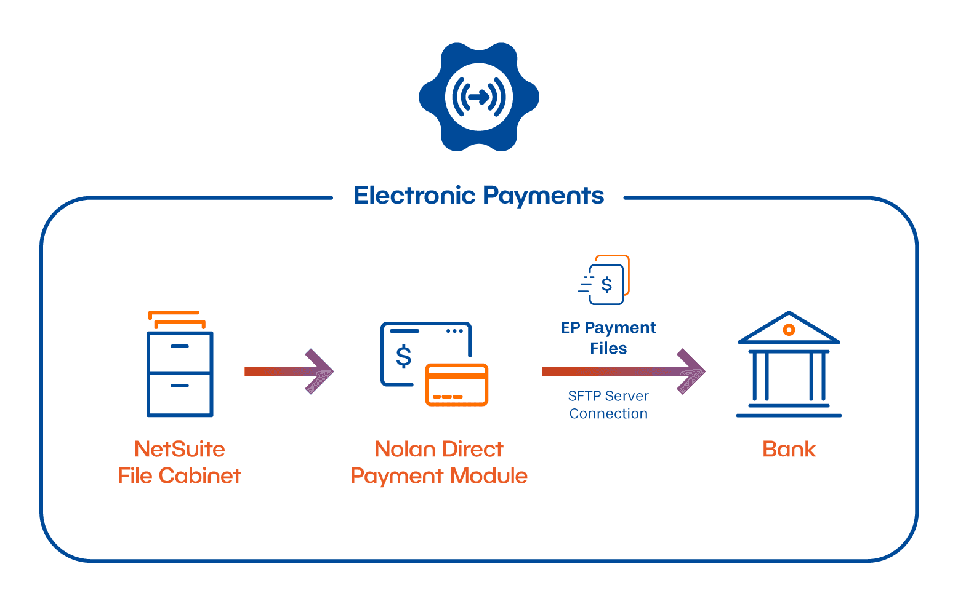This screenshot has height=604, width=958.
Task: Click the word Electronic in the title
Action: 414,196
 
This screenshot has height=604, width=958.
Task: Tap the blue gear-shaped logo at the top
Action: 479,97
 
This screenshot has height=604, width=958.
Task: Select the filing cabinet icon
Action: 180,364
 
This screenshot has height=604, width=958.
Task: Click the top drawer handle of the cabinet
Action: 180,346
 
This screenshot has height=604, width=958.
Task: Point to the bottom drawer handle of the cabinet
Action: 180,386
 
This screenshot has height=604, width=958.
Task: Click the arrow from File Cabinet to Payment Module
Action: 289,372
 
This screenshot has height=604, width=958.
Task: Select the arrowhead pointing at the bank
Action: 691,372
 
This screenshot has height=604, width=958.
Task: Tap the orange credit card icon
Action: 457,384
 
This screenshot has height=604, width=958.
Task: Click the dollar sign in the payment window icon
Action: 404,357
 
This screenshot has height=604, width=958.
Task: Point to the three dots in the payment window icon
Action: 454,331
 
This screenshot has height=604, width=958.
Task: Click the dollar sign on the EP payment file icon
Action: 606,285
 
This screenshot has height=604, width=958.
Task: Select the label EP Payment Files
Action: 608,338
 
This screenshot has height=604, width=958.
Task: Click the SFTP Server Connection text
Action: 608,405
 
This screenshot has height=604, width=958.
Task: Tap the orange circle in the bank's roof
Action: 789,330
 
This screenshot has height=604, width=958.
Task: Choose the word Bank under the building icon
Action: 789,450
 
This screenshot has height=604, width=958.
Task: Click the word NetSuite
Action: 180,450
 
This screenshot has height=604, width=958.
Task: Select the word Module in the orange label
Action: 488,476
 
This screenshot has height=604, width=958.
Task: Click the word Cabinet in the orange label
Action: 199,476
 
